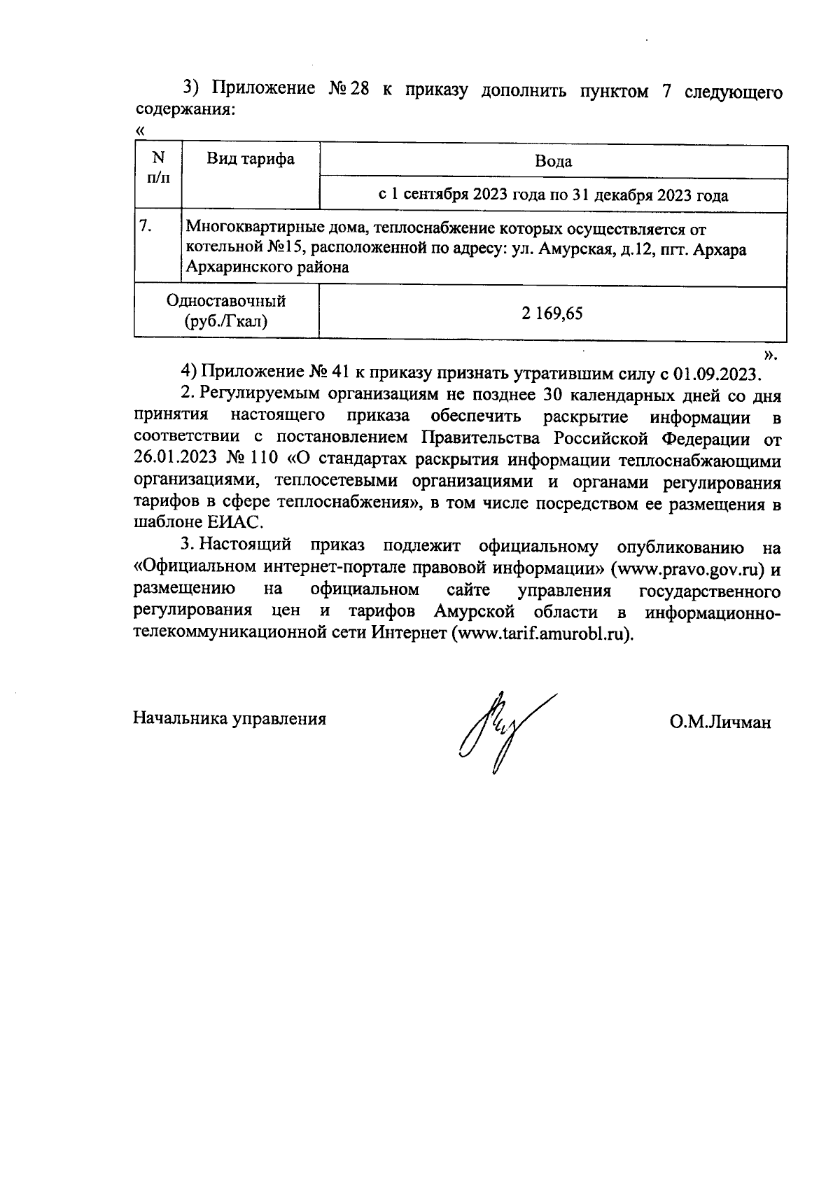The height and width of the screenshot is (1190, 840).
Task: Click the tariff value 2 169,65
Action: click(x=552, y=314)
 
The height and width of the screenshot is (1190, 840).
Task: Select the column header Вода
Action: click(x=553, y=162)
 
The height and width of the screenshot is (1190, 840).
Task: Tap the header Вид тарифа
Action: click(x=250, y=160)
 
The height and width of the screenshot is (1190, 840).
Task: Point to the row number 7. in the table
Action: click(x=146, y=227)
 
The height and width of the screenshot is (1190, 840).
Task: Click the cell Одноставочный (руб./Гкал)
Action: click(x=226, y=311)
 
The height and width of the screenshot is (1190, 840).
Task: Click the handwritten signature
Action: click(x=503, y=731)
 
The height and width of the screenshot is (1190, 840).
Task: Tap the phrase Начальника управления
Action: click(x=230, y=719)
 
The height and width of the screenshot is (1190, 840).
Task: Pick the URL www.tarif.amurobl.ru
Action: click(x=538, y=633)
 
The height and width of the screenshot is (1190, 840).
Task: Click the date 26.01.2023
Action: click(x=175, y=461)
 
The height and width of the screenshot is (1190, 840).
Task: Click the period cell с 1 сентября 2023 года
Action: click(x=553, y=195)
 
